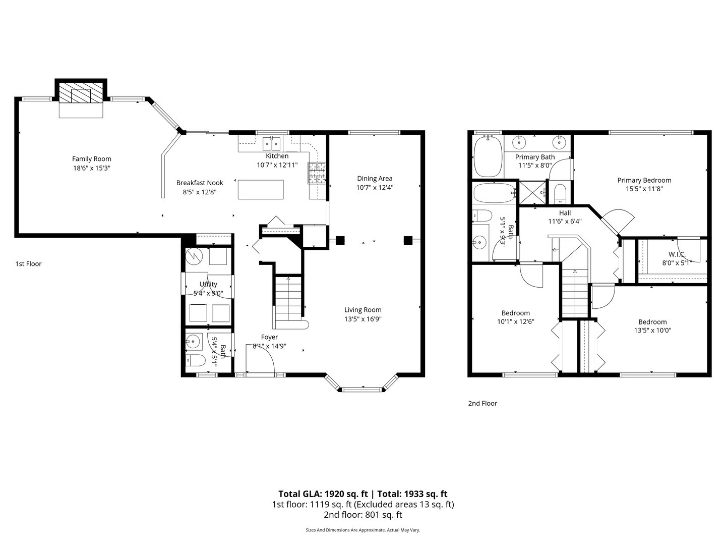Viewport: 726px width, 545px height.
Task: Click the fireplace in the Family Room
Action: click(x=81, y=93)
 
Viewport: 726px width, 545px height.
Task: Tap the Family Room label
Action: click(x=91, y=159)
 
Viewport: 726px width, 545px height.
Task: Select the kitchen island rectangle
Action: click(x=260, y=189)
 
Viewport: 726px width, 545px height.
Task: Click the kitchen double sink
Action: click(x=272, y=143)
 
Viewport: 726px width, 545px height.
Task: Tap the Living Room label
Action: click(x=362, y=310)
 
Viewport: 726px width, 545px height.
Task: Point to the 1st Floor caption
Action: click(x=28, y=264)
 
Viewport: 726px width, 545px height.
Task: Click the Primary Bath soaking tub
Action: click(x=488, y=156)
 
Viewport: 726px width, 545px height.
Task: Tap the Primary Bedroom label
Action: click(x=644, y=180)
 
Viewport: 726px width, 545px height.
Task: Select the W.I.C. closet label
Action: click(x=677, y=254)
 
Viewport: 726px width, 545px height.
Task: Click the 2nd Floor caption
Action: click(x=482, y=403)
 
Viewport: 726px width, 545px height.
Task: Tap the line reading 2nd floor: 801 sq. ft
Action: click(x=362, y=515)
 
